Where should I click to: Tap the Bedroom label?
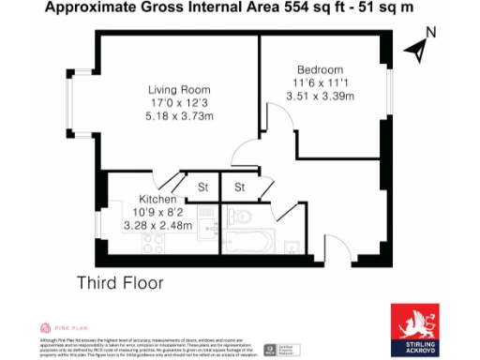320,69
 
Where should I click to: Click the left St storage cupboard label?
202,187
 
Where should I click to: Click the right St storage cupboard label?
239,187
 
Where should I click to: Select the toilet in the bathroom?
239,217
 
